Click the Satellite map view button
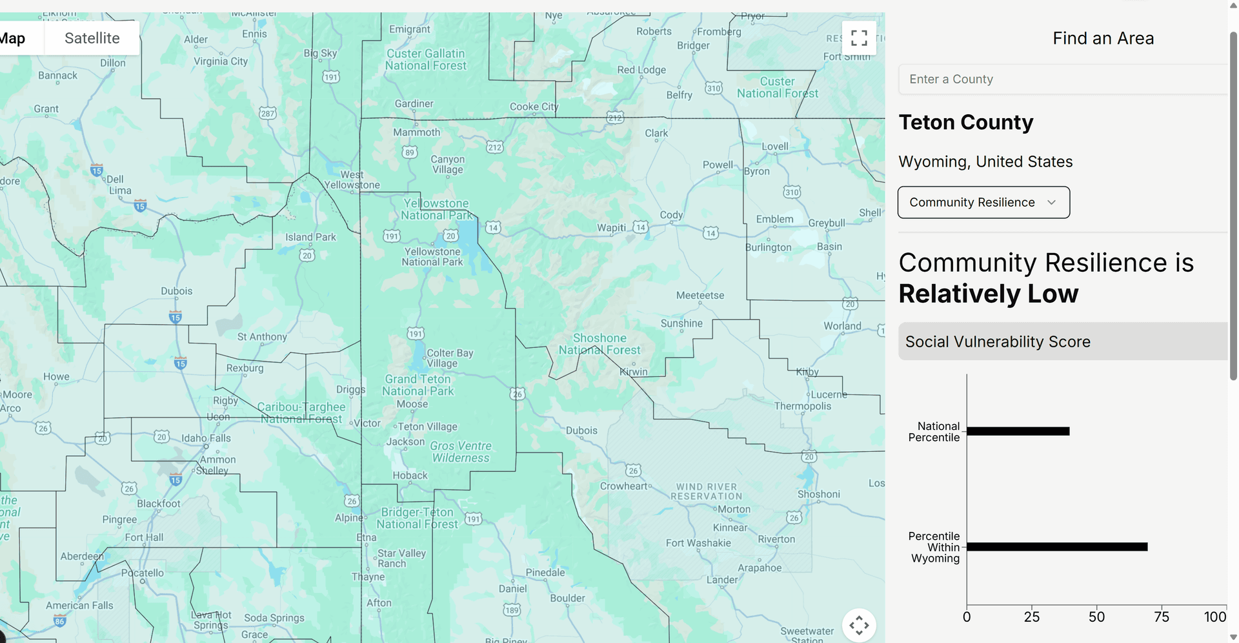tap(92, 38)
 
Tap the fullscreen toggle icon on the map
tap(859, 38)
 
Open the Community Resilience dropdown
tap(983, 203)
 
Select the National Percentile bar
tap(1018, 431)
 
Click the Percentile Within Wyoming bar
tap(1056, 547)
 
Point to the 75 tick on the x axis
tap(1162, 617)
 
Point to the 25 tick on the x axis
tap(1032, 617)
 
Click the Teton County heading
tap(965, 123)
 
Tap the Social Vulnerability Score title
tap(998, 342)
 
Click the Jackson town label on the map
tap(405, 442)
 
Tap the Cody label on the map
tap(671, 215)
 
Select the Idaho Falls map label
tap(206, 438)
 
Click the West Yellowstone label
tap(352, 179)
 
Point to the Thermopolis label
tap(802, 406)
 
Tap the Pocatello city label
tap(143, 573)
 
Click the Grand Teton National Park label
tap(418, 385)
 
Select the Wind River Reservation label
tap(706, 491)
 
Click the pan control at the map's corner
tap(859, 625)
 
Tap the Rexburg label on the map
tap(245, 368)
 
